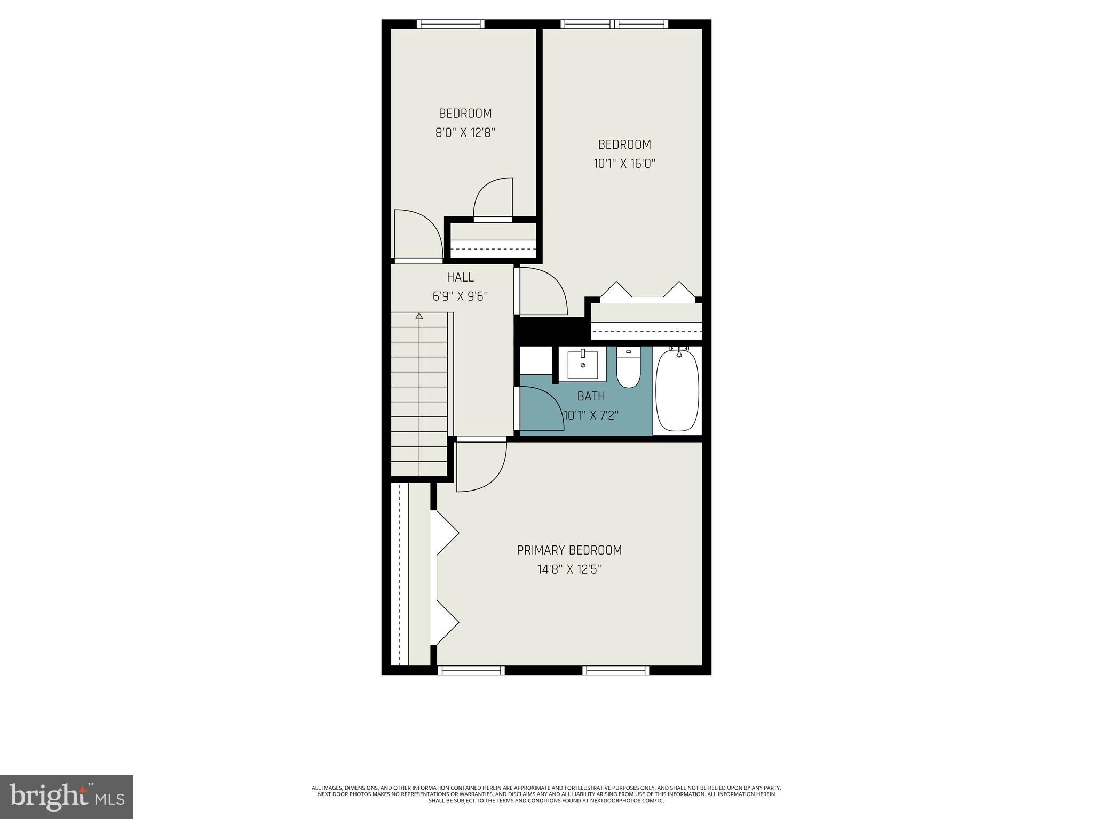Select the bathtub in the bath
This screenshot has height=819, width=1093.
click(x=677, y=391)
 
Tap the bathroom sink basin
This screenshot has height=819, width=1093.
click(x=582, y=365)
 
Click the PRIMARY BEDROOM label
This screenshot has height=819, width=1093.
click(x=569, y=550)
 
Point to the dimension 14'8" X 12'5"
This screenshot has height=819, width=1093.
click(x=569, y=569)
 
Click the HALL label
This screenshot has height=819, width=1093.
click(x=460, y=277)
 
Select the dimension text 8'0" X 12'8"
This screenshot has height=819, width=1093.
click(x=465, y=132)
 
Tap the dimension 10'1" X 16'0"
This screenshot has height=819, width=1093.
click(x=624, y=163)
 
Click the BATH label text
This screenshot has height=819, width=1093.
click(x=591, y=396)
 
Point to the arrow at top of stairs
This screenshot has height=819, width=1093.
click(x=419, y=316)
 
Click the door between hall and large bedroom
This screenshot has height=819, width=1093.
click(x=542, y=292)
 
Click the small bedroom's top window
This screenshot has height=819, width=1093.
click(x=450, y=24)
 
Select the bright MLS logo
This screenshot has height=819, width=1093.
click(x=67, y=797)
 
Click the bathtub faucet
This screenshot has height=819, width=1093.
click(x=679, y=351)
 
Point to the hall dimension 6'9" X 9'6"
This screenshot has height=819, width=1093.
click(x=460, y=296)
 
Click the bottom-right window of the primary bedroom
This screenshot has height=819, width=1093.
click(x=616, y=670)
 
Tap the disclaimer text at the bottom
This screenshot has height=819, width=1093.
click(x=546, y=794)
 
